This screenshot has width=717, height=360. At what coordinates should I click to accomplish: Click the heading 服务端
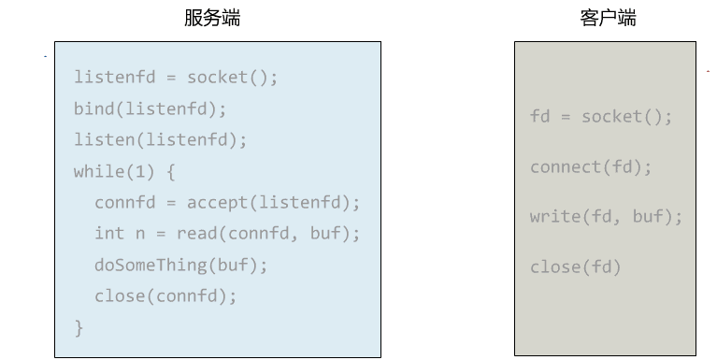coord(211,18)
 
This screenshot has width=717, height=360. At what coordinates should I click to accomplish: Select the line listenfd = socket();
coord(176,77)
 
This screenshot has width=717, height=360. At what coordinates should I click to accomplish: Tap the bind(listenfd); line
coord(151,108)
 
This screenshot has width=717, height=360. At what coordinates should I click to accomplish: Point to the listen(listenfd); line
coord(161,140)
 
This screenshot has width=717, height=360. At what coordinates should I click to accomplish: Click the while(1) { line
coord(124,172)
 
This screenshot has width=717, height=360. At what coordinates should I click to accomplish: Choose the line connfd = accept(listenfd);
coord(227,203)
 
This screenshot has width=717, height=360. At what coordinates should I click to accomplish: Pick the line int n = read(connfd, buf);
coord(227,234)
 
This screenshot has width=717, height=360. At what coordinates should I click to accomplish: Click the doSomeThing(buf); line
coord(181,265)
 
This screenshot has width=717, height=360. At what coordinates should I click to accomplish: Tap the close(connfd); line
coord(165,296)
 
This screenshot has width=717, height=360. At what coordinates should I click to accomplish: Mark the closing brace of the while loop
coord(79,327)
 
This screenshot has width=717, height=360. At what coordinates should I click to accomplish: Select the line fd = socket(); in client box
coord(601,117)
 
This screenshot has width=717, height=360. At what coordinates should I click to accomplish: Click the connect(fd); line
coord(591,167)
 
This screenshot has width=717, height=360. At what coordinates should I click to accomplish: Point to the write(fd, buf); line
coord(606,217)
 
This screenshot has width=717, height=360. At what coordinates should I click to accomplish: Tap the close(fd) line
coord(575,267)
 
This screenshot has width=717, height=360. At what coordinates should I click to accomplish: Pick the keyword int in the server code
coord(109,234)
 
